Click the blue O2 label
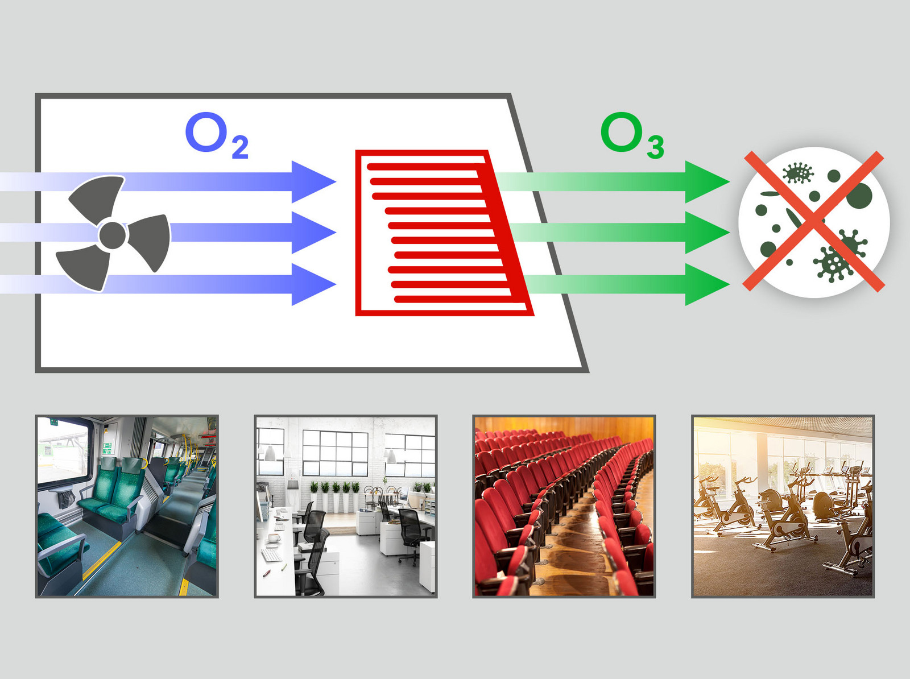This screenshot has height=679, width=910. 217,135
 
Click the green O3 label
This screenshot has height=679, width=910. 632,135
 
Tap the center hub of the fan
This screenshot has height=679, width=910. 113,235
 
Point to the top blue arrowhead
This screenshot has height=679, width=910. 313,182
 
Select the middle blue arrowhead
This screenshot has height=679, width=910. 313,233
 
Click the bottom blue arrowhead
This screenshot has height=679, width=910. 313,284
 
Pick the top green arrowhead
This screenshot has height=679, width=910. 707,182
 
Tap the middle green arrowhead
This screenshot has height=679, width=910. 707,233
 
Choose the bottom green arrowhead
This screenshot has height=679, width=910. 707,284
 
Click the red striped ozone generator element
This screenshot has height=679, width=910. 444,233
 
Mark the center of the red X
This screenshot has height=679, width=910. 813,221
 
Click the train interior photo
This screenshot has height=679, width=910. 127,506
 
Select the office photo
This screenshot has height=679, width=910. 346,506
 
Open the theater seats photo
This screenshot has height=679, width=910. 564,506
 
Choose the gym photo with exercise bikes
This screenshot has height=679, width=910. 783,506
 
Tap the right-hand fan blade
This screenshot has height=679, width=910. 151,241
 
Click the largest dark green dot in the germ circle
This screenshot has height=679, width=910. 859,196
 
